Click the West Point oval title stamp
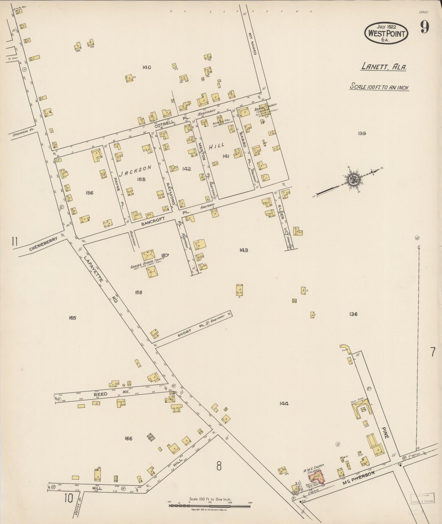[x=386, y=33]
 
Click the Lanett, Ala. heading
[x=384, y=66]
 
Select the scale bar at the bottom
[x=210, y=505]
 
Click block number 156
[x=89, y=193]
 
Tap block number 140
[x=147, y=67]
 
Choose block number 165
[x=72, y=318]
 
